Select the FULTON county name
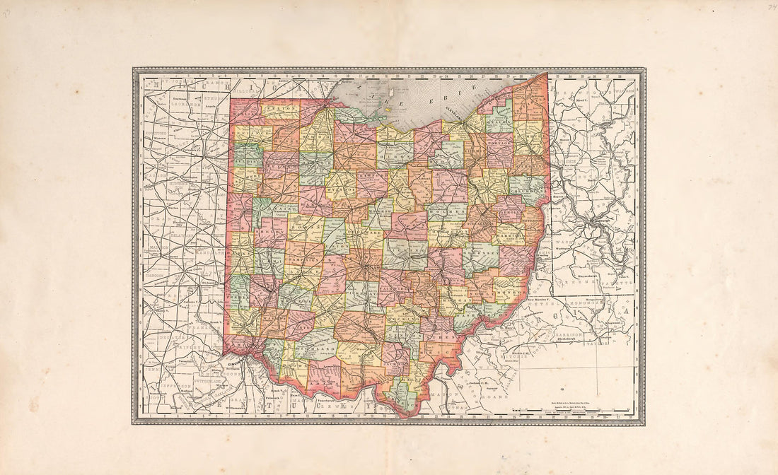(x=279, y=110)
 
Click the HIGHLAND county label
(x=315, y=349)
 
